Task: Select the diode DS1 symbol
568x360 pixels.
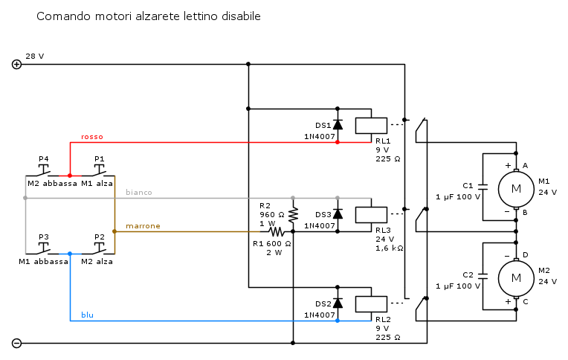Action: pos(338,125)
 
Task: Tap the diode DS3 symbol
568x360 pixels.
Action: pos(338,214)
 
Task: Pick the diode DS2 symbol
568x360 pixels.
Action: pos(338,303)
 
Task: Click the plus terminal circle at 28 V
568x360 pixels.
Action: pos(17,64)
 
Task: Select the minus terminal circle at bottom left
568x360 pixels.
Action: pos(17,343)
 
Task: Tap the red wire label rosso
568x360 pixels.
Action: pos(92,137)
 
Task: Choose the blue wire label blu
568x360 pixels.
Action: pos(87,315)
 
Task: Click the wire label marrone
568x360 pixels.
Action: pos(143,225)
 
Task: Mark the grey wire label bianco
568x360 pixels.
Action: pos(138,192)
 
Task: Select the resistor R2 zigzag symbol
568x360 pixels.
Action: pos(293,214)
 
